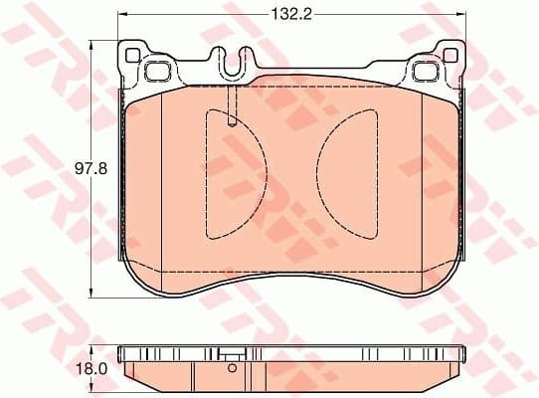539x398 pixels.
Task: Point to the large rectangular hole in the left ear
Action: (157, 70)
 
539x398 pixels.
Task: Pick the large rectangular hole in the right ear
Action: (425, 70)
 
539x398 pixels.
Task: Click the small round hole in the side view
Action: (232, 368)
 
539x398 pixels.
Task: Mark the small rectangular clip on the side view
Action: (232, 353)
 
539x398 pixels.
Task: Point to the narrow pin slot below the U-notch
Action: (231, 107)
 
